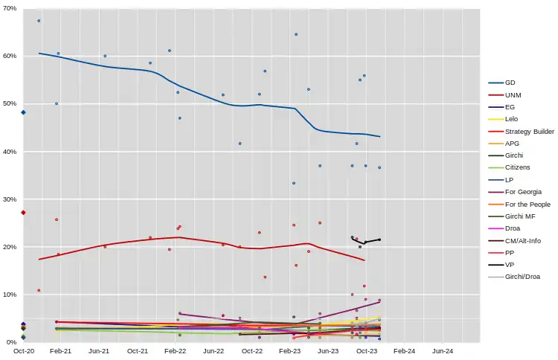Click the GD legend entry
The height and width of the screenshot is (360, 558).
[510, 83]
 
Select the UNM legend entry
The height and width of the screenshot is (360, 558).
[513, 95]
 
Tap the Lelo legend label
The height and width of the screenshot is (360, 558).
[511, 119]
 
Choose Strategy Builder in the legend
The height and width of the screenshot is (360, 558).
[529, 131]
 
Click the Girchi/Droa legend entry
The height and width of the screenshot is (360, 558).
[524, 277]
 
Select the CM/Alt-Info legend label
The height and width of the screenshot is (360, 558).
[523, 240]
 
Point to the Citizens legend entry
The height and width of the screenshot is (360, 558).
[518, 167]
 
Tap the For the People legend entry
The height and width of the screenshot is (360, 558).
[527, 204]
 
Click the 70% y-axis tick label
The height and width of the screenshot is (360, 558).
[10, 8]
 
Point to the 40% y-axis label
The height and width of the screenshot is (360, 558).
[10, 152]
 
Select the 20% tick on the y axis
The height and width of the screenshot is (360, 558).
[10, 247]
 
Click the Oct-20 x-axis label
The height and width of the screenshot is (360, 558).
[25, 350]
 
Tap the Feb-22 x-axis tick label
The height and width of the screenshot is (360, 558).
[175, 350]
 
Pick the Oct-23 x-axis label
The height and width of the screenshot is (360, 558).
[365, 350]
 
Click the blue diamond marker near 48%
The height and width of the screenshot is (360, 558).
[24, 112]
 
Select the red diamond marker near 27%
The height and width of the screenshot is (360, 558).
[24, 213]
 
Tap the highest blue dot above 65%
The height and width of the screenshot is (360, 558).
[39, 21]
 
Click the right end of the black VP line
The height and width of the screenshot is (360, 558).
[379, 240]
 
